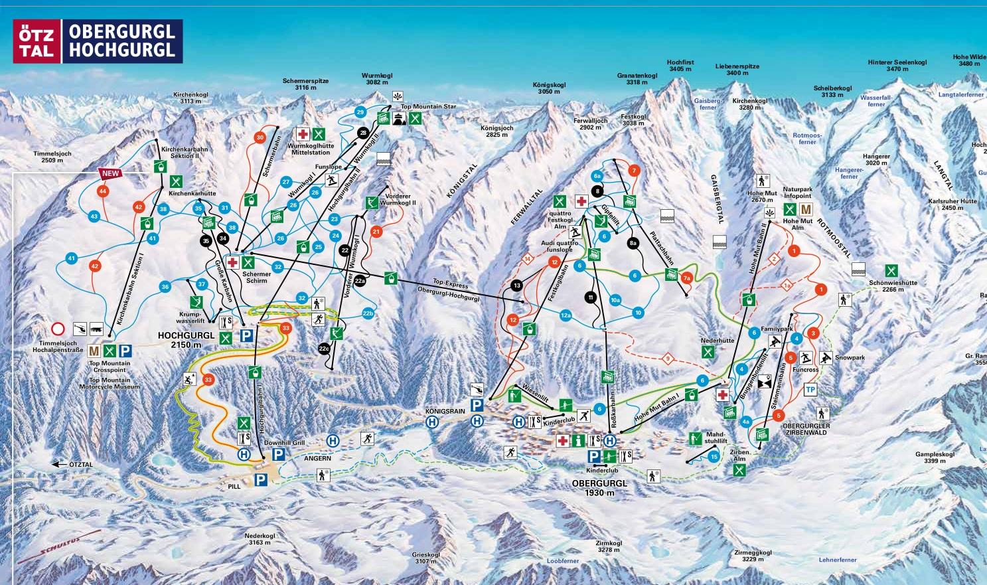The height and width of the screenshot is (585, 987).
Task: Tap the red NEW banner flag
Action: point(110,174)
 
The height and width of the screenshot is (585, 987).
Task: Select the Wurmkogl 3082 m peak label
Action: point(376,79)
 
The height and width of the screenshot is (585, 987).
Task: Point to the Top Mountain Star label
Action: point(428,106)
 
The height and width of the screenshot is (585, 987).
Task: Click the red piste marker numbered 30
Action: point(260,137)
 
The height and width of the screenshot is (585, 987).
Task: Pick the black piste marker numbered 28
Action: point(362,133)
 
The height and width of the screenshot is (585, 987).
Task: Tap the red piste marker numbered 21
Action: point(376,232)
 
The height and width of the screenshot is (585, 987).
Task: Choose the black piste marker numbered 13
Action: point(518,286)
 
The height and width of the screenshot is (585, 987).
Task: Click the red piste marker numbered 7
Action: point(634,171)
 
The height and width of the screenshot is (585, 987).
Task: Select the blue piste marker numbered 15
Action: point(714,457)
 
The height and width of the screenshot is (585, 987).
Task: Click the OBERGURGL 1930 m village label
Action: point(599,488)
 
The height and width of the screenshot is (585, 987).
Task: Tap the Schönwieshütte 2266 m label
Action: point(893,286)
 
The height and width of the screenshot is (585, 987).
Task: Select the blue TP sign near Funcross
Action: point(810,390)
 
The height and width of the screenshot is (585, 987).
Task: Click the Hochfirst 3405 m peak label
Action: point(680,66)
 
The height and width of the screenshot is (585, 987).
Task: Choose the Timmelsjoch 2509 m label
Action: point(52,157)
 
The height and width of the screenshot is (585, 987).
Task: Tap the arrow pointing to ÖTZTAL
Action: point(61,465)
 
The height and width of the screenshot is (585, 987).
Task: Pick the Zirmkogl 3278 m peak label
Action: point(609,546)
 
